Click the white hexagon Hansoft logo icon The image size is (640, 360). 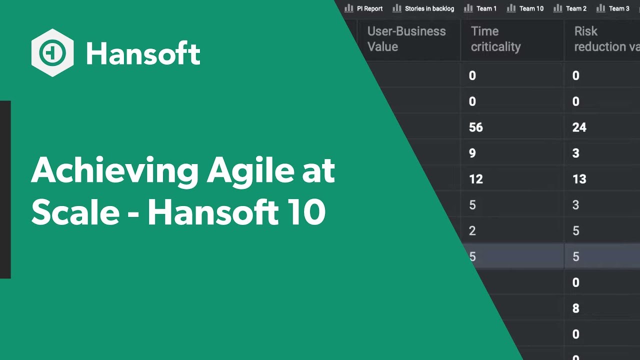coord(52,53)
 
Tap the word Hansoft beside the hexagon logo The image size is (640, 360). coord(143,53)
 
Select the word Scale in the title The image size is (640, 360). coord(75,213)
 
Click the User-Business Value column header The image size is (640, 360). coord(406,39)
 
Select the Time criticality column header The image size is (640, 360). coord(495,39)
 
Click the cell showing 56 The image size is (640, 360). coord(476,127)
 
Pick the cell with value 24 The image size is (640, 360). coord(579,127)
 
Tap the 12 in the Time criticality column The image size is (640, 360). coord(476,179)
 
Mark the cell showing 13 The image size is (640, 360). coord(579,179)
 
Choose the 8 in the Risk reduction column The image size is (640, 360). coord(576,308)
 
